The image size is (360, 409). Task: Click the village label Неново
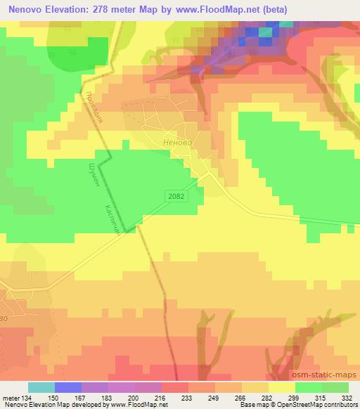(176, 140)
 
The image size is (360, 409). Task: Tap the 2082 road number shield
(177, 196)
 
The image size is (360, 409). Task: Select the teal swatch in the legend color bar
(41, 387)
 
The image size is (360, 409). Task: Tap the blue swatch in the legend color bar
(68, 387)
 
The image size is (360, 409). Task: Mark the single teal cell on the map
(266, 31)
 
